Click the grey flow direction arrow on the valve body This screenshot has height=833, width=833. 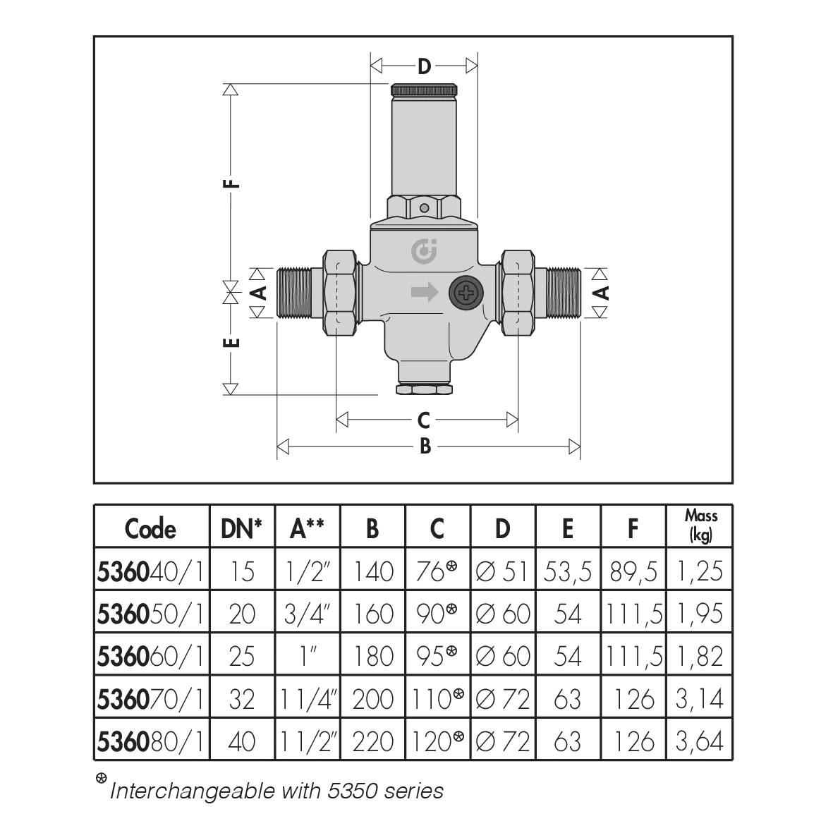(424, 293)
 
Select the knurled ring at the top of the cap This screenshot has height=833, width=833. (425, 91)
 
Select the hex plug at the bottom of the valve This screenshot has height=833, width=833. (424, 389)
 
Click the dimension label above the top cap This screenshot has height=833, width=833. (425, 68)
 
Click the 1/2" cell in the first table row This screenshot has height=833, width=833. (308, 569)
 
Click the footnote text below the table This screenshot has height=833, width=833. (275, 791)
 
